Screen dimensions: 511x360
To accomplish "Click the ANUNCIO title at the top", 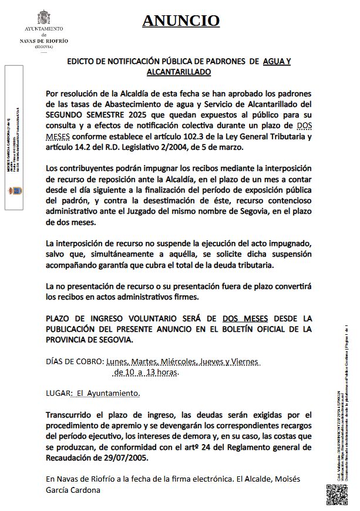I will [x=181, y=21].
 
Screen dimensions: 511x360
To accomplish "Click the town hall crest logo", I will [x=44, y=16].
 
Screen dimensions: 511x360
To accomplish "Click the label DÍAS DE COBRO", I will [x=75, y=361].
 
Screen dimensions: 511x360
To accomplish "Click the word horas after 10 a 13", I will [x=164, y=372].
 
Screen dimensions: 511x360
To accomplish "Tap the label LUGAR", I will [x=58, y=393].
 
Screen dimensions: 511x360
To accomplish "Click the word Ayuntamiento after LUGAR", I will [x=115, y=393].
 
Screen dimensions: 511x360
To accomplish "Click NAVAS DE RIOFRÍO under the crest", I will [x=44, y=40].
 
